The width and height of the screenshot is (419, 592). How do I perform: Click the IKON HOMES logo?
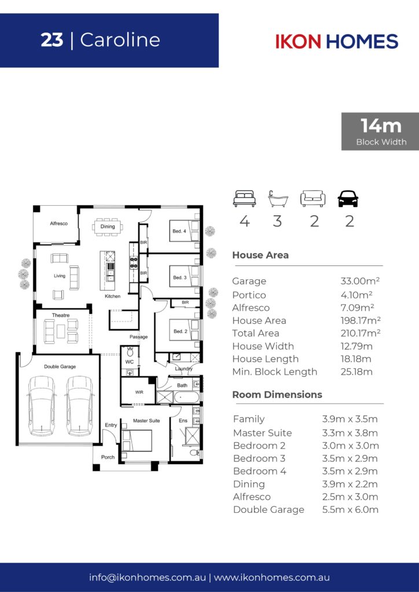(x=337, y=41)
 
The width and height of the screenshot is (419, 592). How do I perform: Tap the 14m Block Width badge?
(x=380, y=131)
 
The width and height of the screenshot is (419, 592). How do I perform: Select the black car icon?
(x=348, y=199)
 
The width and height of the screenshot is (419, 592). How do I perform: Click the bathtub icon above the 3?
(x=278, y=199)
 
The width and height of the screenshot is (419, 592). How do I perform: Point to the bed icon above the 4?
(x=244, y=199)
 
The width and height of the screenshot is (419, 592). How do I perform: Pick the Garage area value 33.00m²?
(x=360, y=281)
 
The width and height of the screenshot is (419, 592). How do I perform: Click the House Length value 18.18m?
(x=356, y=358)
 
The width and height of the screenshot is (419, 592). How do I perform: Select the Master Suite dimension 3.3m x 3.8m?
(x=350, y=432)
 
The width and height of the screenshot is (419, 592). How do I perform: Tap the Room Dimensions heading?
(x=277, y=394)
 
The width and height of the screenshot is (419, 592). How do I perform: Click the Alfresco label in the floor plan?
(x=59, y=224)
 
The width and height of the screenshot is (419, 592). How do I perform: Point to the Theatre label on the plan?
(x=61, y=315)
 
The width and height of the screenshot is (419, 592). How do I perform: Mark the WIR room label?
(x=139, y=393)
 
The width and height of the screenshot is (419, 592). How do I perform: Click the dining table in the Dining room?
(x=108, y=227)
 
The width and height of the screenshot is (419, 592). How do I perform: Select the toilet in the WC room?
(x=130, y=351)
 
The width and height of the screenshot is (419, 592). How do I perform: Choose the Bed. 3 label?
(x=180, y=277)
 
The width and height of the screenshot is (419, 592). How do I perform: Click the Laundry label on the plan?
(x=183, y=368)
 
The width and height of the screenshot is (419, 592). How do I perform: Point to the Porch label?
(x=108, y=457)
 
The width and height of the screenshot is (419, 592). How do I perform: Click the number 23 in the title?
(x=52, y=40)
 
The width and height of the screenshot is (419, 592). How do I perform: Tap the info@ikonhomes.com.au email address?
(x=148, y=578)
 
